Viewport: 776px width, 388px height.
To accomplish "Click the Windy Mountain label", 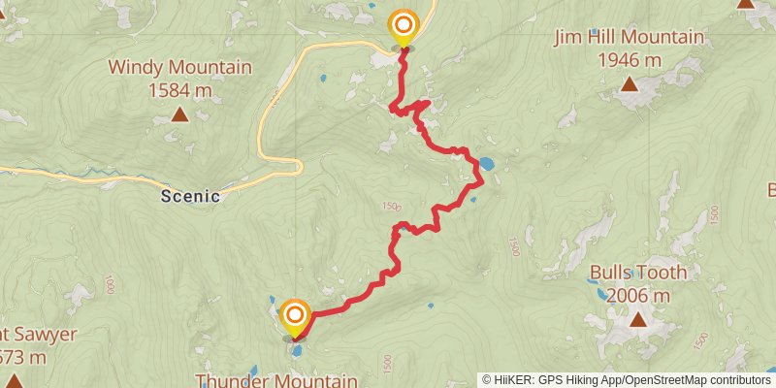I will (179, 68).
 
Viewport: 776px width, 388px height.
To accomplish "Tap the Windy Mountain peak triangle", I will (179, 115).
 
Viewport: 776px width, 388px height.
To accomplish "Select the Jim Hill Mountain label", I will (629, 38).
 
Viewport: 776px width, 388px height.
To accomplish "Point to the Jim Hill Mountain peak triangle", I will (630, 84).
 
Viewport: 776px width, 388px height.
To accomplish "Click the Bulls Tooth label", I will (638, 273).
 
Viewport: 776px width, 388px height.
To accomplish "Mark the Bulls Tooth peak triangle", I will (638, 319).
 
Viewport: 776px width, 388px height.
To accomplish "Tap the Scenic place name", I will (191, 196).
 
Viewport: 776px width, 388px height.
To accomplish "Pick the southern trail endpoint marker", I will (294, 315).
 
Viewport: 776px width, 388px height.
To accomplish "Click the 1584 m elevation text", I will (179, 91).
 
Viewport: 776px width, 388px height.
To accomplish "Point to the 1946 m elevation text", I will (630, 60).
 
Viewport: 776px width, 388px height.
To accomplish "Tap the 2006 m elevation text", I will (638, 296).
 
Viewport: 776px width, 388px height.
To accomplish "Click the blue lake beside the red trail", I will (485, 164).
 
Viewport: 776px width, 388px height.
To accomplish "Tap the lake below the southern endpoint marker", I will (297, 351).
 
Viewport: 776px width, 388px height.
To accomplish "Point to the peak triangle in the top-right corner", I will (745, 4).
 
